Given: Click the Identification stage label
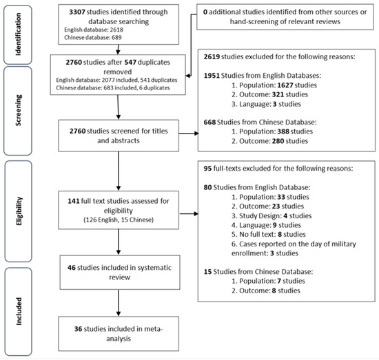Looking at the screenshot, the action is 18,34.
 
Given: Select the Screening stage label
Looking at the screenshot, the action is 18,110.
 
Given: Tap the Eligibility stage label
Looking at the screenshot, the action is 19,211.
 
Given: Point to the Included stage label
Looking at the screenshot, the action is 19,311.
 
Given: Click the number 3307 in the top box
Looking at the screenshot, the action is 77,12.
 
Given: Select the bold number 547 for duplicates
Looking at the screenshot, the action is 130,62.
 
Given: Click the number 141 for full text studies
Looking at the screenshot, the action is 74,201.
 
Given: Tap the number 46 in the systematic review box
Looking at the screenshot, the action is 72,268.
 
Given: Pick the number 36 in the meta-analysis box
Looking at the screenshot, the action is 79,329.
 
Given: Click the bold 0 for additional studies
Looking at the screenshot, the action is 205,12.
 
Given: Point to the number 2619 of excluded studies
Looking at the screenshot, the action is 212,56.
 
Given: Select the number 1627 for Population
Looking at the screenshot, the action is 285,85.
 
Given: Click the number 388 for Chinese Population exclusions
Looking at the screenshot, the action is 283,131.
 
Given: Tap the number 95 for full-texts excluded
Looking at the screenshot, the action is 207,168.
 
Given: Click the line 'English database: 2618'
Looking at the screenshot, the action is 94,30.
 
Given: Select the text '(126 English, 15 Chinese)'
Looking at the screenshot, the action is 119,220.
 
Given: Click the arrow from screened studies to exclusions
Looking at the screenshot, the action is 189,134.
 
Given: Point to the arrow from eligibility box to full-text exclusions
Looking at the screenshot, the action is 189,213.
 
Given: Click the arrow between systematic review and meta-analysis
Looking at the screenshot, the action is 119,303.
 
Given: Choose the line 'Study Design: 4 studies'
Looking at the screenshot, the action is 272,215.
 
